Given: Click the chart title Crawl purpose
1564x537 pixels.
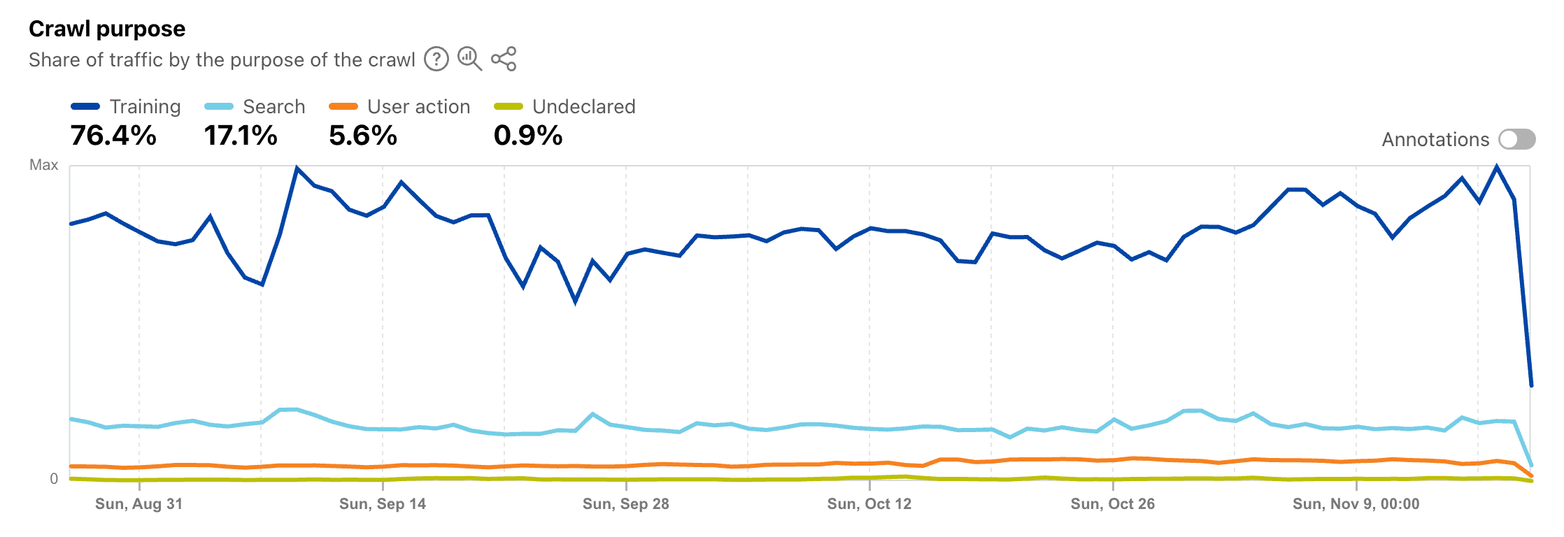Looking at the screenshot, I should [107, 29].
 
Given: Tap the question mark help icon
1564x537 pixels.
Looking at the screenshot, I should [436, 59].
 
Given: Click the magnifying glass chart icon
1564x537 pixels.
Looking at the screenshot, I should [469, 59].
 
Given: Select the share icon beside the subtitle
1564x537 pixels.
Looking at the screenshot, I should [504, 59].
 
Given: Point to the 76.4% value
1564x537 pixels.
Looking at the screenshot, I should [113, 136].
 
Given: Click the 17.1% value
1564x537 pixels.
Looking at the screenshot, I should [241, 136].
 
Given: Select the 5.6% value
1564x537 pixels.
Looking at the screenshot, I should [363, 136].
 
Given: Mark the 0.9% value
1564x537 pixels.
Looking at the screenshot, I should [528, 136].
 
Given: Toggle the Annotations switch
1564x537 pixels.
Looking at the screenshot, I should [1516, 139].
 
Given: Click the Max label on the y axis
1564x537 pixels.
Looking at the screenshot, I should [43, 165].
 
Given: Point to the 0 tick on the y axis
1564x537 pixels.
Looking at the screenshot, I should [54, 479].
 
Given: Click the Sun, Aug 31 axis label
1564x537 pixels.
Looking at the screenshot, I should [138, 504].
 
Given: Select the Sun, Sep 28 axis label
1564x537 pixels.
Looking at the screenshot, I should [625, 504].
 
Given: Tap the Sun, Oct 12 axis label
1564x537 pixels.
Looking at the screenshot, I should [869, 504].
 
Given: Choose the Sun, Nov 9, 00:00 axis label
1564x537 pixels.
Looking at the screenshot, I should [1356, 504].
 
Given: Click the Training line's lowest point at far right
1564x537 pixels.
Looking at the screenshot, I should [1531, 385].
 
